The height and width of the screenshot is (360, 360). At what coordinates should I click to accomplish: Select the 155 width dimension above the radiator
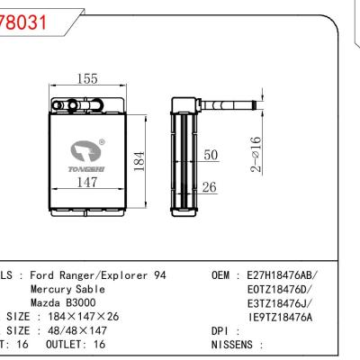point(87,80)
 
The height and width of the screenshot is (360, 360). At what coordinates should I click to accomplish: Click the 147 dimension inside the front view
point(86,184)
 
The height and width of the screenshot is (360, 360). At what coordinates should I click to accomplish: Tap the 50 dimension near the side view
point(211,156)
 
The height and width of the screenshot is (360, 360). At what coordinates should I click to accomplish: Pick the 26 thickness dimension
point(211,187)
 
